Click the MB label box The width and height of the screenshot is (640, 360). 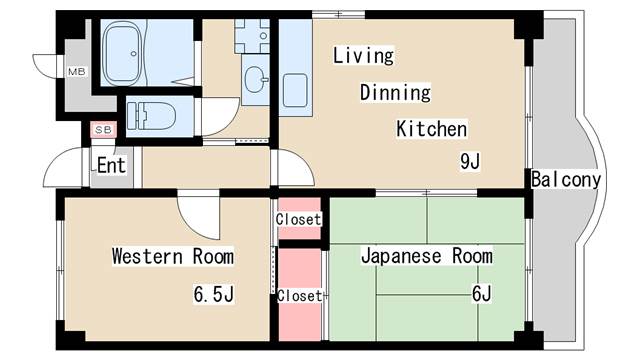click(77, 72)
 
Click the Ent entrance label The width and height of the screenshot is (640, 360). click(110, 166)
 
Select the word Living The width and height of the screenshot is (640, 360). click(363, 56)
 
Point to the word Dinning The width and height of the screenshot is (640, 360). click(395, 93)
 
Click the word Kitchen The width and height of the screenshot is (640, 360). click(431, 129)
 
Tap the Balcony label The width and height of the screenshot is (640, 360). click(566, 180)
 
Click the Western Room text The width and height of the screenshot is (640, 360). click(172, 257)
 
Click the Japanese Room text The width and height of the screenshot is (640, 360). click(426, 257)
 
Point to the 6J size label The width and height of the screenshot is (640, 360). click(481, 294)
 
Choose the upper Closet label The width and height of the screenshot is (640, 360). click(299, 219)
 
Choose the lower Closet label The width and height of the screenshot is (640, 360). click(299, 296)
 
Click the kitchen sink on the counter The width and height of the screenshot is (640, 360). click(295, 89)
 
